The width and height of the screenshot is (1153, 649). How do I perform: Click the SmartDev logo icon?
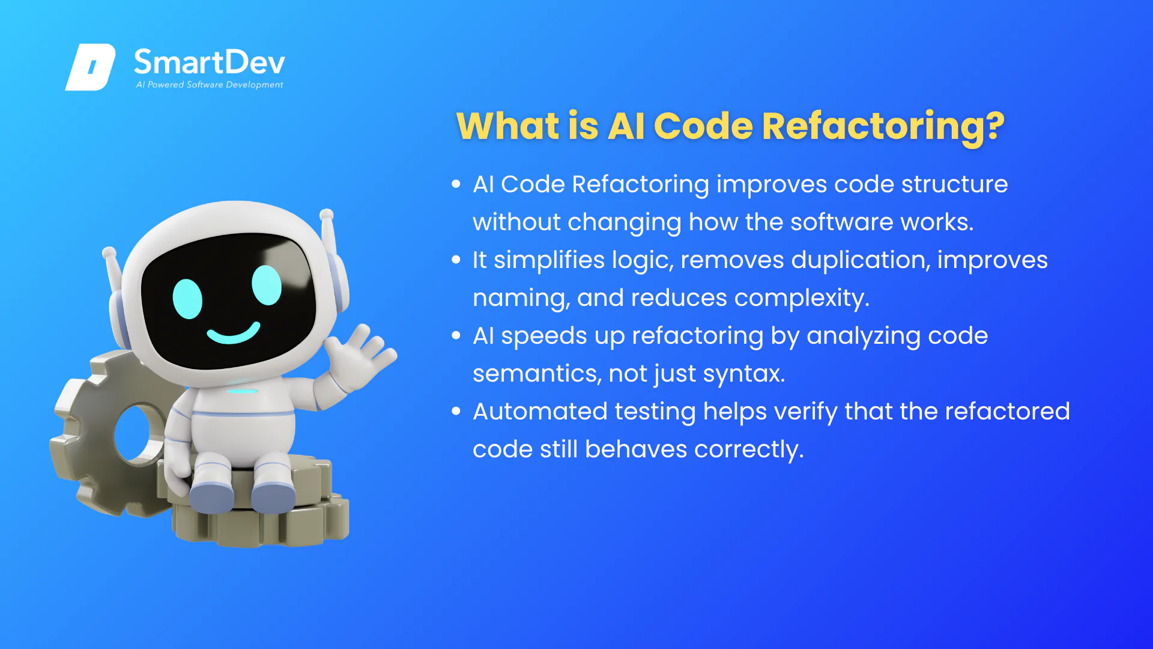[90, 67]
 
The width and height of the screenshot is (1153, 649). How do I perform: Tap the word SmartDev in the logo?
[210, 62]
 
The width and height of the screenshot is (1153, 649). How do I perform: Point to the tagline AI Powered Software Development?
[210, 85]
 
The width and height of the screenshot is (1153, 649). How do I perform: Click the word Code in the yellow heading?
[703, 126]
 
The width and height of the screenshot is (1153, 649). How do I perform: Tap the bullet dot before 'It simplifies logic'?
[456, 260]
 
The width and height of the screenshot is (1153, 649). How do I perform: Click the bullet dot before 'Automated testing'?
[456, 411]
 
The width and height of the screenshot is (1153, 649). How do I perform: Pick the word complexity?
[802, 299]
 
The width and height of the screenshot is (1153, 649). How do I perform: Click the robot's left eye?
[187, 299]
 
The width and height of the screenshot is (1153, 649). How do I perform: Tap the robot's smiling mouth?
[234, 333]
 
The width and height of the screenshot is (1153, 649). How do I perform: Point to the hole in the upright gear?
[135, 433]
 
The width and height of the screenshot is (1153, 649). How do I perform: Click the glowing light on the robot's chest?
[243, 391]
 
